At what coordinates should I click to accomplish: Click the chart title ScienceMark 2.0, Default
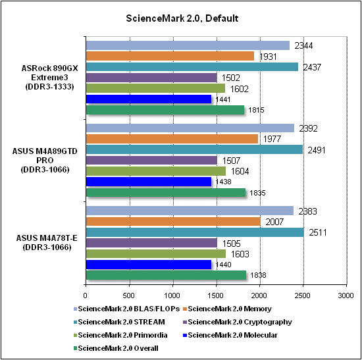(x=182, y=18)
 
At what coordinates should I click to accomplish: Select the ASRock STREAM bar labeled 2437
(x=192, y=67)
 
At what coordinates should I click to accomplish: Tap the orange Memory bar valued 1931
(x=170, y=56)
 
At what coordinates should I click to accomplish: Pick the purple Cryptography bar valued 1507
(x=151, y=161)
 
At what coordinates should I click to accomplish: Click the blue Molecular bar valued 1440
(x=149, y=265)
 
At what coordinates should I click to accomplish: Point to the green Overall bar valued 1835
(x=166, y=193)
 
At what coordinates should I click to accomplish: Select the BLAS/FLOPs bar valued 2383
(x=190, y=211)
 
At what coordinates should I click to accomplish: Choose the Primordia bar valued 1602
(x=155, y=88)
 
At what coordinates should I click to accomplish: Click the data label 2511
(x=318, y=232)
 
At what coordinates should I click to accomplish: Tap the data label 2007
(x=274, y=222)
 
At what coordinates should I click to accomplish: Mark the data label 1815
(x=256, y=110)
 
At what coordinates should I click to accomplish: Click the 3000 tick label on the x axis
(x=346, y=296)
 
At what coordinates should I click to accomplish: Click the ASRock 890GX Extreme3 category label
(x=49, y=78)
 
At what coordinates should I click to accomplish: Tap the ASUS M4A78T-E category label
(x=47, y=243)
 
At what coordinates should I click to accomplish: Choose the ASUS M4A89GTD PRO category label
(x=45, y=161)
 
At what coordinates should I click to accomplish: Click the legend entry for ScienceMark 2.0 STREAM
(x=119, y=322)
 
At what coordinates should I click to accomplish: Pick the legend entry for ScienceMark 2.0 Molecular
(x=230, y=335)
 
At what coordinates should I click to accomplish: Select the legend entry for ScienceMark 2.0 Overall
(x=116, y=348)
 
